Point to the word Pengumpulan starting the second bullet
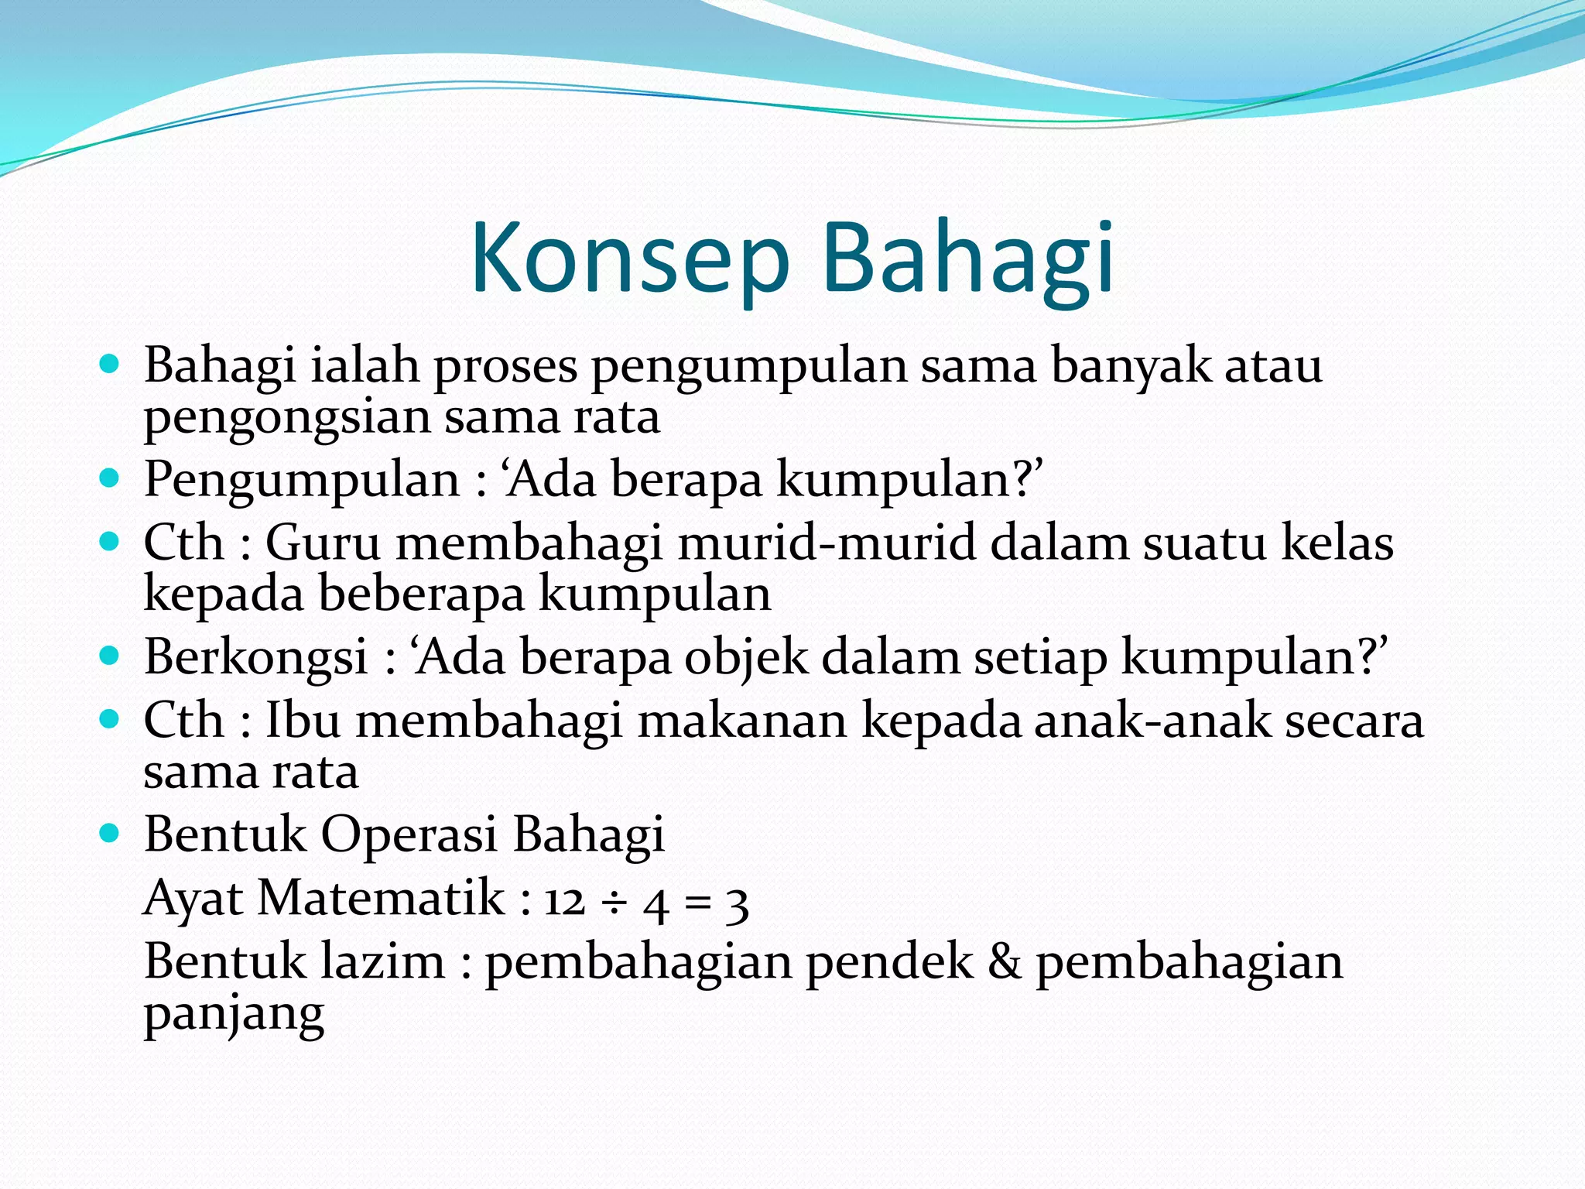302,480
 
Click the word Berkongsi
255,657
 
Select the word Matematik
381,899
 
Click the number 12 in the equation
564,902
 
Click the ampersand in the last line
1004,962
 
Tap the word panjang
234,1016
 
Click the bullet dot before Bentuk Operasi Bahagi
110,834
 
